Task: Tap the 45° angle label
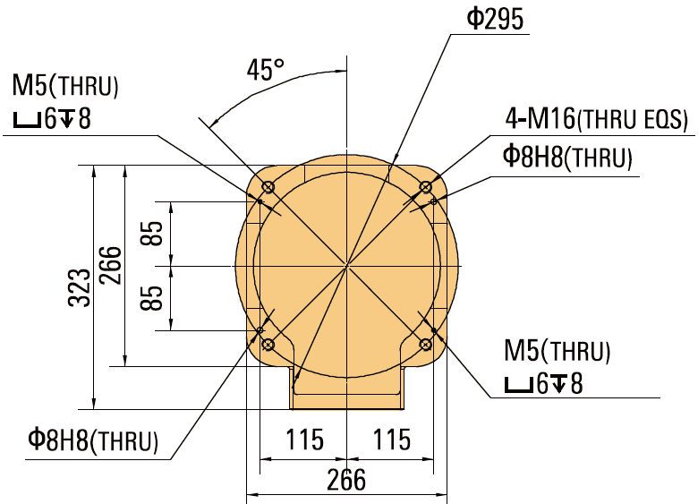(x=265, y=70)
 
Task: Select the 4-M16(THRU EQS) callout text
(x=596, y=119)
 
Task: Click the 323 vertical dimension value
(x=81, y=286)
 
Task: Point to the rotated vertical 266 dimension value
(x=111, y=265)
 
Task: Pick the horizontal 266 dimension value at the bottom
(x=345, y=480)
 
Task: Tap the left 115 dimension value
(x=303, y=440)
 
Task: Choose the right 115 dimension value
(x=390, y=440)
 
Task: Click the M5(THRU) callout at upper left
(x=65, y=86)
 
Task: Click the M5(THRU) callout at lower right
(x=558, y=350)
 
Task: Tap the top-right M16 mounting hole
(x=426, y=187)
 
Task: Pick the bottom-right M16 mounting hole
(x=426, y=345)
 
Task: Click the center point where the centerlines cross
(x=346, y=266)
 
